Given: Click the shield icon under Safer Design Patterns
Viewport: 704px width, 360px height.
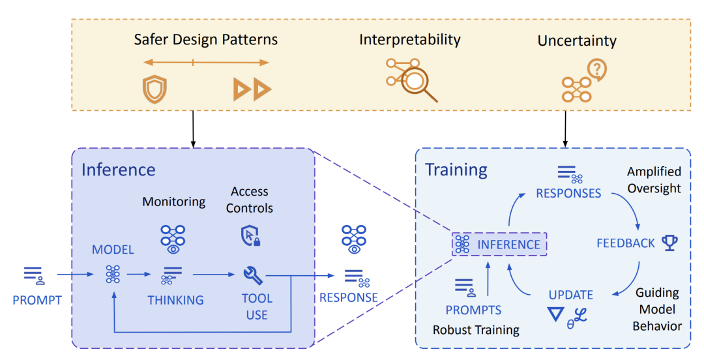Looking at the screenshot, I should click(x=154, y=89).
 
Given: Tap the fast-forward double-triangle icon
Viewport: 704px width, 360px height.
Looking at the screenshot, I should click(x=253, y=89).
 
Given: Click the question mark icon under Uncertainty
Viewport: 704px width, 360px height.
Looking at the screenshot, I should click(x=595, y=68).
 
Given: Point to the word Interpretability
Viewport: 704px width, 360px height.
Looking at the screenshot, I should click(x=409, y=40).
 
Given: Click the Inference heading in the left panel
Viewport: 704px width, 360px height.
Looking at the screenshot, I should click(x=118, y=170).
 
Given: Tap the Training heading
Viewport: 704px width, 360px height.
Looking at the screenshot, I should click(x=456, y=170).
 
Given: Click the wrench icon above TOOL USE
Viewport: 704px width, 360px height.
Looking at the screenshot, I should click(x=253, y=275).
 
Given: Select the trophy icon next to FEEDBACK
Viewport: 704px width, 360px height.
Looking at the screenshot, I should click(x=669, y=243).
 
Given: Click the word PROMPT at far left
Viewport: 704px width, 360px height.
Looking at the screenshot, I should click(x=37, y=300).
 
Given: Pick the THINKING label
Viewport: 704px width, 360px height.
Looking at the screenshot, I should click(x=175, y=300).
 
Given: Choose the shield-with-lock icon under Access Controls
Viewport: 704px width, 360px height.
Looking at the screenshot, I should click(x=250, y=235).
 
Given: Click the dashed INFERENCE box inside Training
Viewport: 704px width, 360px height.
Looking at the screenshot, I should click(x=499, y=245).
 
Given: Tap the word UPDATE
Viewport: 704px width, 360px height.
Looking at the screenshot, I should click(x=571, y=295).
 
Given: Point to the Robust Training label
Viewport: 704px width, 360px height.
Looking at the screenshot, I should click(x=476, y=330).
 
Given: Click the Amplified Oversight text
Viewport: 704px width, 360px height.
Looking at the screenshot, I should click(x=654, y=180).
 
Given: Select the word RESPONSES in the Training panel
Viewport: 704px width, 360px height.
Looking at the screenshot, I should click(x=568, y=193).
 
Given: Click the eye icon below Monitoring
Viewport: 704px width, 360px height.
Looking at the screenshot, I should click(x=173, y=248).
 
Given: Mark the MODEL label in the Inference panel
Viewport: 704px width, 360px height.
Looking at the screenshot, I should click(x=113, y=250).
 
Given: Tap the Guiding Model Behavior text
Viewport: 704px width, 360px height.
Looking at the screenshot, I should click(x=657, y=308).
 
